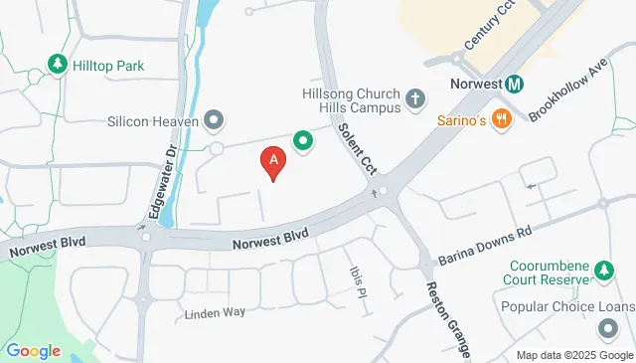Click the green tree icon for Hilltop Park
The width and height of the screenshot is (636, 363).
click(58, 66)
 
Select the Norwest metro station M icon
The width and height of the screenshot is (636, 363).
click(514, 85)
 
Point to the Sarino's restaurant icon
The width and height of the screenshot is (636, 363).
click(502, 120)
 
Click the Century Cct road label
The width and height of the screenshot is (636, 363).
click(491, 28)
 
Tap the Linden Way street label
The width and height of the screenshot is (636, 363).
click(215, 313)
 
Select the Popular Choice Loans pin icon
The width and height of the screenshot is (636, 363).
click(608, 328)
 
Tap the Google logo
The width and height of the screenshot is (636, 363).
click(33, 350)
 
